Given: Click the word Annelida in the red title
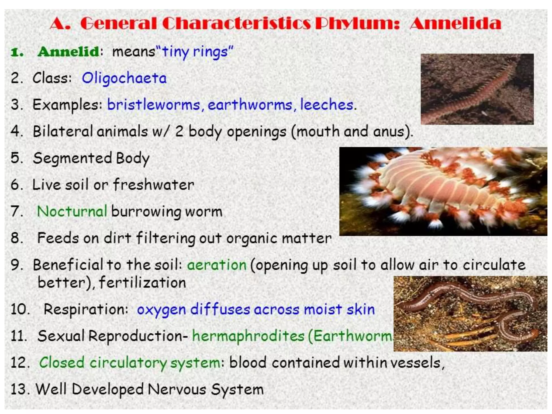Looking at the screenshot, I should tap(455, 23).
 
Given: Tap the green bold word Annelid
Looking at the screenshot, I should tap(68, 51).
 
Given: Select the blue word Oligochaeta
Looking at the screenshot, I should tap(124, 78).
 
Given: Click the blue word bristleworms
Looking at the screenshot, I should tap(154, 105).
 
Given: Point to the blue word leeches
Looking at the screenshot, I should tap(327, 105).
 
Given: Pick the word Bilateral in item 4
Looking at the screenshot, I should tap(63, 131).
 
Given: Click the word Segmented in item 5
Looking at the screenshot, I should tap(72, 158).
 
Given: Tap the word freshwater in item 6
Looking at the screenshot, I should tap(153, 185).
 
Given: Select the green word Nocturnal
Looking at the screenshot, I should tap(72, 211).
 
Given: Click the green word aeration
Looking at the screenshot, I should tap(217, 265).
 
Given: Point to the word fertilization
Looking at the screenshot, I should tap(142, 283).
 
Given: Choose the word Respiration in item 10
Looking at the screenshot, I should tap(86, 309).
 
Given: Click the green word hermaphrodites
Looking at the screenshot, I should tap(248, 336).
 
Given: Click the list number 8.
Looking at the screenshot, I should tap(16, 238).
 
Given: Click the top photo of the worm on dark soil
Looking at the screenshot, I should tap(477, 89).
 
